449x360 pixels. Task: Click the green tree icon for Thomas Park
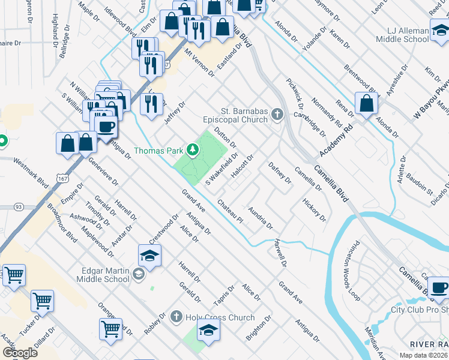pos(193,150)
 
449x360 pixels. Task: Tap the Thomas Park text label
pos(158,151)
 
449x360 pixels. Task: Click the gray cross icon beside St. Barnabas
pos(277,113)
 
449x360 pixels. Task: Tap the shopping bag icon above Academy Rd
pos(366,103)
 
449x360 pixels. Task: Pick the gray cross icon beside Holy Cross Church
pos(176,316)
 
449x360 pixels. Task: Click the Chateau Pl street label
pos(231,211)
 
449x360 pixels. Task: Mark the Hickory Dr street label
pos(315,209)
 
